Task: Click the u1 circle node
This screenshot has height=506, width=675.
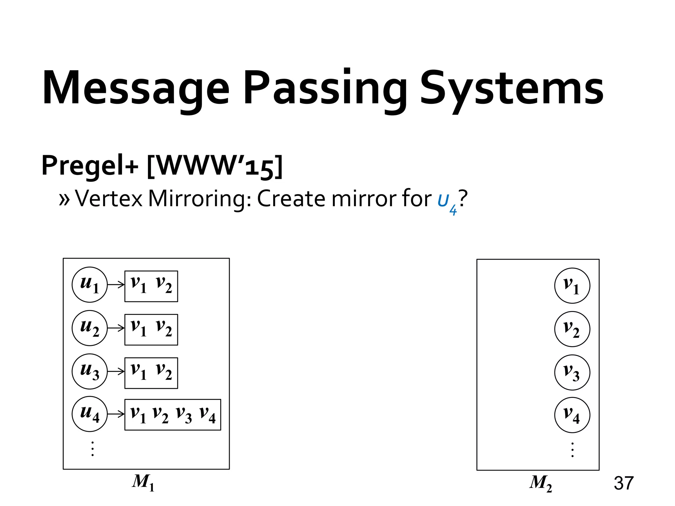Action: [x=90, y=285]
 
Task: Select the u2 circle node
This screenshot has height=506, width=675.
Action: [x=90, y=328]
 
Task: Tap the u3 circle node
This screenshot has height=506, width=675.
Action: [x=90, y=371]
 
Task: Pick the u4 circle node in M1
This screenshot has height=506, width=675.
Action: [x=90, y=414]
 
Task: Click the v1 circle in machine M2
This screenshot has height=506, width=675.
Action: [x=572, y=286]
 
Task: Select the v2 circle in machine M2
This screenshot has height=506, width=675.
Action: [x=572, y=329]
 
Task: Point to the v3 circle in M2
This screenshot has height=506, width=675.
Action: [x=572, y=372]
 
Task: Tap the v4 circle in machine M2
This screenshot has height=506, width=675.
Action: [x=572, y=415]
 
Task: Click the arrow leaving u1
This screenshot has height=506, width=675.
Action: [x=116, y=285]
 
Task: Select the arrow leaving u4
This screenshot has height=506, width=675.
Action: [x=116, y=414]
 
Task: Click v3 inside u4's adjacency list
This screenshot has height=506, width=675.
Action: [x=184, y=415]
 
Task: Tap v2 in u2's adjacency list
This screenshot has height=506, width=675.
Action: [x=164, y=329]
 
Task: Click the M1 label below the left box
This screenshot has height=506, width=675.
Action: [x=143, y=482]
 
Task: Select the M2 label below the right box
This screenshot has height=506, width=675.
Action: [x=541, y=483]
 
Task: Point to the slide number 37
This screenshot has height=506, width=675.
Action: [x=624, y=483]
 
